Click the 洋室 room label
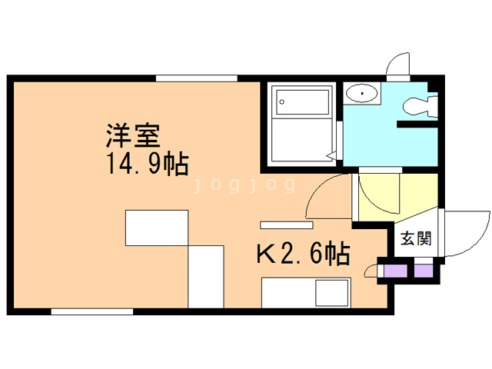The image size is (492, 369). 133,137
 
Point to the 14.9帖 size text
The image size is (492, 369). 146,164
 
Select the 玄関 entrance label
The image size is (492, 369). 415,238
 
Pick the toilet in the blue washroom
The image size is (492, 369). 419,107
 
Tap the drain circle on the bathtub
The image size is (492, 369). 282,100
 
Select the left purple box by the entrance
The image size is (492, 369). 395,271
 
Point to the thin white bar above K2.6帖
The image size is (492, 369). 286,225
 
